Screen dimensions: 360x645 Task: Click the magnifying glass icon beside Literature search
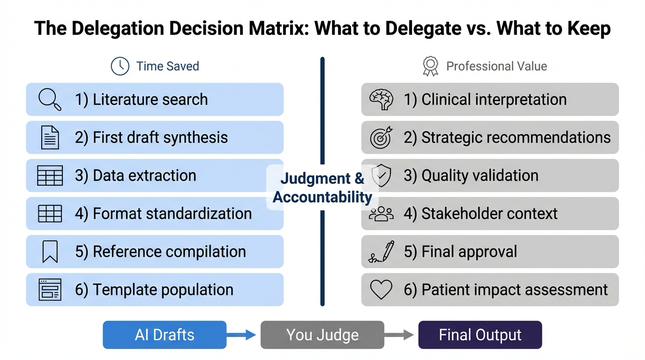(x=50, y=99)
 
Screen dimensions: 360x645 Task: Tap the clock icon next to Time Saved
(x=120, y=66)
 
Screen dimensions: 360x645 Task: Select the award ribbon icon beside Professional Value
(x=430, y=66)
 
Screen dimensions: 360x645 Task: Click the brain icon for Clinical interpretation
(x=381, y=99)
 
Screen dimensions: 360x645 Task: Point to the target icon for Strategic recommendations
(x=381, y=137)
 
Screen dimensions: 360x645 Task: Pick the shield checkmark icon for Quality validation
(x=381, y=176)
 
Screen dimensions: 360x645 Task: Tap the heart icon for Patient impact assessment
(x=381, y=290)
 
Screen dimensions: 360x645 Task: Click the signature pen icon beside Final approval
(x=381, y=252)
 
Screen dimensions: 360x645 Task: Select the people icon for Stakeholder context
(x=381, y=214)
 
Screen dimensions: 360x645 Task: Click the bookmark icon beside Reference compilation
(x=50, y=252)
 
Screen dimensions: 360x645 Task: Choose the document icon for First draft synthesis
(x=50, y=137)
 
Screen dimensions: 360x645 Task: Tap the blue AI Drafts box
(x=165, y=335)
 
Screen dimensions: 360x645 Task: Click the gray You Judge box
(x=322, y=335)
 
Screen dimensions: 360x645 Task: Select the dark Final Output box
(x=480, y=335)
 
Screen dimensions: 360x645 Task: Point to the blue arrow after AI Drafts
(x=242, y=335)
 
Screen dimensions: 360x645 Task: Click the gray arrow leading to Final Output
(x=399, y=335)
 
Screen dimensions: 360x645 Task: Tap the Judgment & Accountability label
(x=322, y=187)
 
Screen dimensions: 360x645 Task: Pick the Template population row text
(x=154, y=290)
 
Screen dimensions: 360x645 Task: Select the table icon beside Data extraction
(x=50, y=176)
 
